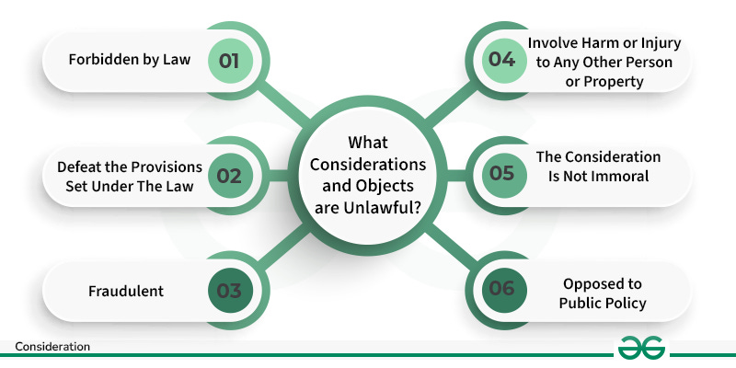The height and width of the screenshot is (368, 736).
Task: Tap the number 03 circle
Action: tap(229, 291)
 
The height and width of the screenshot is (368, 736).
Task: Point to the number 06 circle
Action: tap(503, 291)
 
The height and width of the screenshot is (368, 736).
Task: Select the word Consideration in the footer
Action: tap(52, 348)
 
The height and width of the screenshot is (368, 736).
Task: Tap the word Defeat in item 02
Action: tap(78, 167)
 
